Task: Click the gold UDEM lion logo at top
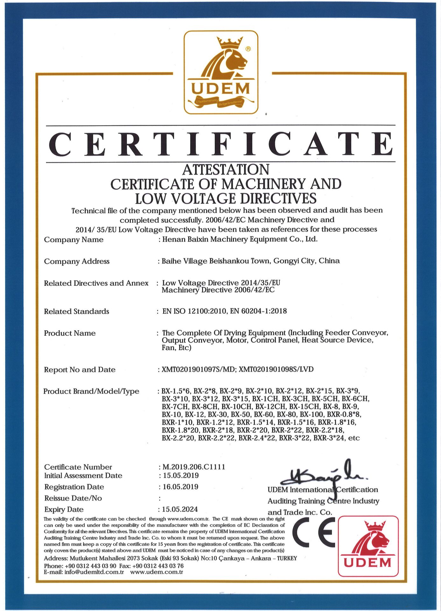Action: [221, 72]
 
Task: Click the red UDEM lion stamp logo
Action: [368, 546]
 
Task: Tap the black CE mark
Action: [314, 532]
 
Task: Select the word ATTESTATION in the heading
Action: [226, 170]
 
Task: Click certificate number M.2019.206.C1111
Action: [194, 467]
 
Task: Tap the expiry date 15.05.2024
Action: [180, 509]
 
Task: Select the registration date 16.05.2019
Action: [180, 487]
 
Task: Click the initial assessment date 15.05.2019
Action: [181, 475]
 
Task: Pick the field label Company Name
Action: [73, 240]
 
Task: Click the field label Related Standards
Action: [76, 311]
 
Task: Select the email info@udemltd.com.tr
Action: [94, 572]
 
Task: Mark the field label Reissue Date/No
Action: [73, 498]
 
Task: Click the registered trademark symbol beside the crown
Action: [248, 49]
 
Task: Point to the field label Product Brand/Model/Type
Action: [91, 391]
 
